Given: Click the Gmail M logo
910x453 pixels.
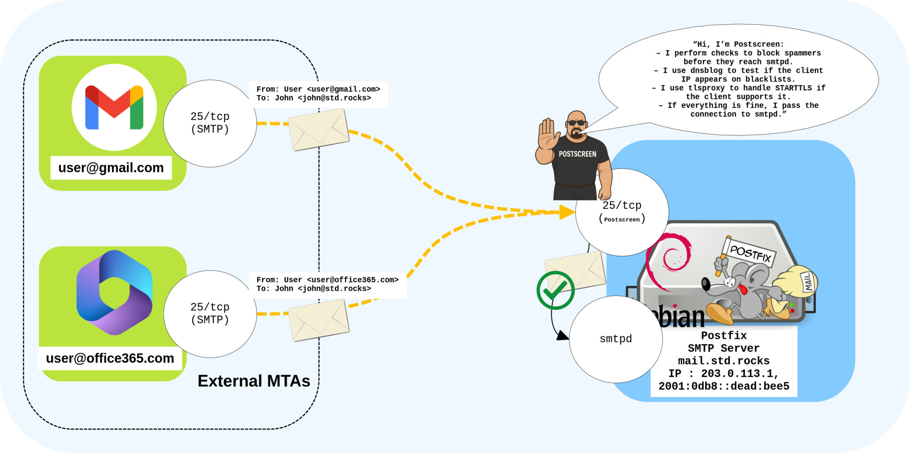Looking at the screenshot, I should (x=114, y=107).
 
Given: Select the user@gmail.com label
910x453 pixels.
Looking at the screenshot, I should (x=111, y=168).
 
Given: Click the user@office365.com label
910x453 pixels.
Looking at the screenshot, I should (x=110, y=358).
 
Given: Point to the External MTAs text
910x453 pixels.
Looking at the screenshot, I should (x=254, y=381).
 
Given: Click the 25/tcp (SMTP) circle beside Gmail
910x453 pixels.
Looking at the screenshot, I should (x=210, y=123).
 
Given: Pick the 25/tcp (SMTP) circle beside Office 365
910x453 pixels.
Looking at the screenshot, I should (x=210, y=313).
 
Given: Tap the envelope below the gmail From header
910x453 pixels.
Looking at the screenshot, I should (x=319, y=129).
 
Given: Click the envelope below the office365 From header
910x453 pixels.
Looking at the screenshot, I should (x=319, y=320).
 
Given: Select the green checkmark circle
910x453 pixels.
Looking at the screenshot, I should (x=555, y=290).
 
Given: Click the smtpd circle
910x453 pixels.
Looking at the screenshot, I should (x=615, y=339).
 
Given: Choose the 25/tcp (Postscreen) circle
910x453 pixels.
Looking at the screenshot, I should (x=622, y=212).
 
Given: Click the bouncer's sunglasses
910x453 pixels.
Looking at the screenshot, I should (x=577, y=123).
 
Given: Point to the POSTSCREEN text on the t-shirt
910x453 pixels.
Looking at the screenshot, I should (x=577, y=154).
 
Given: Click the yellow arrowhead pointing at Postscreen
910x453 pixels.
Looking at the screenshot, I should (x=567, y=212).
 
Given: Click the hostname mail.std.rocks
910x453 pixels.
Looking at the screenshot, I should (x=723, y=361).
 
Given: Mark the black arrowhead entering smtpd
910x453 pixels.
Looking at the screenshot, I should (x=563, y=336).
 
